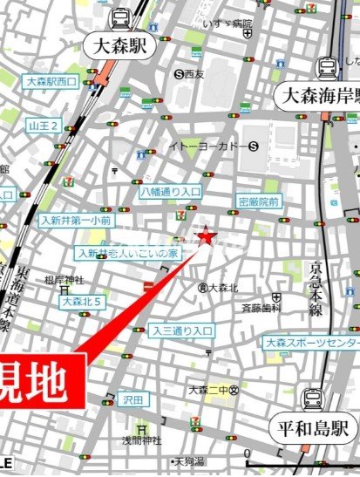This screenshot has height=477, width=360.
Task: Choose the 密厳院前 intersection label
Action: (x=258, y=201)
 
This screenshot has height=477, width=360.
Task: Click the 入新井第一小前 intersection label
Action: (x=75, y=221)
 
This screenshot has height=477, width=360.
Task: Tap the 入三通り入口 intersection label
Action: (x=181, y=330)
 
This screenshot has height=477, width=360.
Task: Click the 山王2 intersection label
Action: (x=43, y=126)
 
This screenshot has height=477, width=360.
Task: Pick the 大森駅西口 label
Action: (x=51, y=81)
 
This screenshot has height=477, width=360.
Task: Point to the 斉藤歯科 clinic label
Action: (x=262, y=308)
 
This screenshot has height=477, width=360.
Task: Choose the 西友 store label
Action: (x=194, y=75)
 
